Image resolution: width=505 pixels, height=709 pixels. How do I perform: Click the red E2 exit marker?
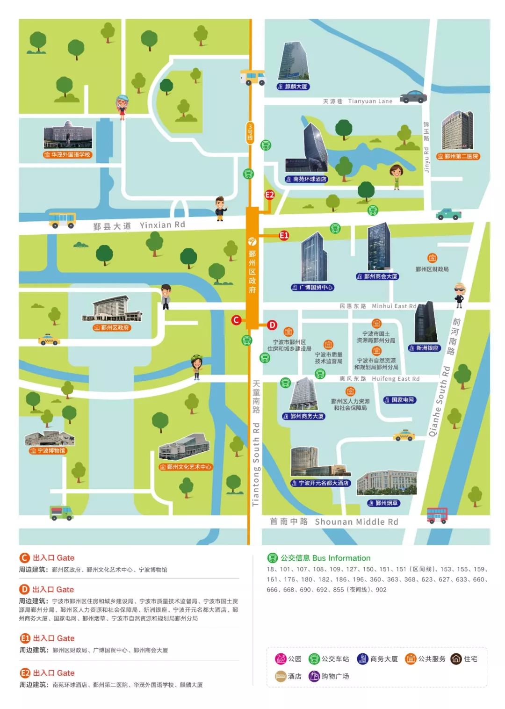(270, 195)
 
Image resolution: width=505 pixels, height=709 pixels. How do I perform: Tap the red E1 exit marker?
(284, 235)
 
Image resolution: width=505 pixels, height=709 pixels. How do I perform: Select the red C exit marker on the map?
(236, 320)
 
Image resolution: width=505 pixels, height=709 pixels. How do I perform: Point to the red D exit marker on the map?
(272, 325)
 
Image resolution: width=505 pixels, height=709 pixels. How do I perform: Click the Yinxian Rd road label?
(162, 225)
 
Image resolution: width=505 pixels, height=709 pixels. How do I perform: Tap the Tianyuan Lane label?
(370, 101)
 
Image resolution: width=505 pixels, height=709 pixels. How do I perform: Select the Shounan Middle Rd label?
(356, 521)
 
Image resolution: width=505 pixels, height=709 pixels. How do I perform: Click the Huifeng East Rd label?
(396, 379)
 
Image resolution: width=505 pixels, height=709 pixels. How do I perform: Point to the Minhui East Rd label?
(394, 306)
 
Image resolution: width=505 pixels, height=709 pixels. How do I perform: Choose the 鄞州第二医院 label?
(458, 156)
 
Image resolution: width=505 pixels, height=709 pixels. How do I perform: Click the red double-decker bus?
(437, 515)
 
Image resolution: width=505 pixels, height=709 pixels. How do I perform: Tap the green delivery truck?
(61, 513)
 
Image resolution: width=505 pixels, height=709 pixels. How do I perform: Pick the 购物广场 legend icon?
(315, 676)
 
